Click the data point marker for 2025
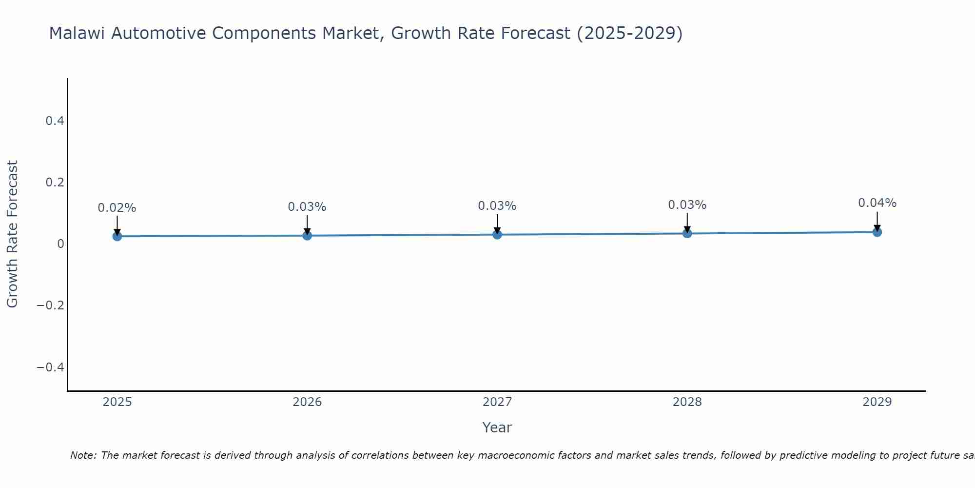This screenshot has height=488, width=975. point(117,236)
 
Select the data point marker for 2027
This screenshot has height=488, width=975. point(497,235)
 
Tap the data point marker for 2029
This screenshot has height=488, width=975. point(877,232)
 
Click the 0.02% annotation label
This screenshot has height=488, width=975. point(117,208)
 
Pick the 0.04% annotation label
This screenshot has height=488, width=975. point(877,203)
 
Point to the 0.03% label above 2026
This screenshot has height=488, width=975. point(307,207)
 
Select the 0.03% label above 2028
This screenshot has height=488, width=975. point(687,205)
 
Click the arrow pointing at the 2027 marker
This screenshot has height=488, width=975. point(497,224)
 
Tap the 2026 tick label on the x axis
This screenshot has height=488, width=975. point(307,402)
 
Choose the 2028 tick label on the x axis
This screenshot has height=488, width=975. point(687,402)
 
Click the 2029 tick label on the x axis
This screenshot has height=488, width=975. point(877,402)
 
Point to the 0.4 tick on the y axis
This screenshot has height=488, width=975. point(55,121)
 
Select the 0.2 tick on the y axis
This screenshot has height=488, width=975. point(55,183)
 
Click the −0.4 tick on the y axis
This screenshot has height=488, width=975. point(51,367)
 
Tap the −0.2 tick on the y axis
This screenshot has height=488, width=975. point(51,305)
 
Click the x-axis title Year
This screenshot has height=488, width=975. point(497,428)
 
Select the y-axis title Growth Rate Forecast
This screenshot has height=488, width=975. point(13,234)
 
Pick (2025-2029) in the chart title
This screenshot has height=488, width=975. point(629,34)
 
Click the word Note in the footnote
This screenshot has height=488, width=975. point(83,455)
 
